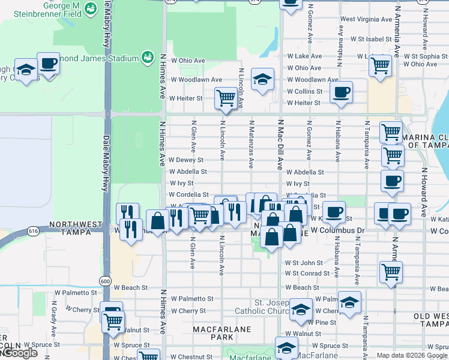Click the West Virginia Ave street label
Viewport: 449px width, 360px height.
pyautogui.click(x=366, y=19)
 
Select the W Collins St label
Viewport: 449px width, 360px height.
pyautogui.click(x=304, y=91)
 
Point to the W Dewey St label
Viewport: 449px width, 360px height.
pyautogui.click(x=186, y=160)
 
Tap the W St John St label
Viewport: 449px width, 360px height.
pyautogui.click(x=304, y=263)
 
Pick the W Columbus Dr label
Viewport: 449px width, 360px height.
pyautogui.click(x=337, y=230)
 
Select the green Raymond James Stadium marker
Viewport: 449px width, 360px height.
pyautogui.click(x=147, y=57)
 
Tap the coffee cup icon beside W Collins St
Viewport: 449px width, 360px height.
pyautogui.click(x=341, y=92)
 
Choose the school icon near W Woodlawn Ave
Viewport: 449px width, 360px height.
pyautogui.click(x=262, y=79)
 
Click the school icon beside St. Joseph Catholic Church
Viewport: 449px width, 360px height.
pyautogui.click(x=301, y=309)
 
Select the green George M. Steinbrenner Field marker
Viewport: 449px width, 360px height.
pyautogui.click(x=91, y=8)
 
